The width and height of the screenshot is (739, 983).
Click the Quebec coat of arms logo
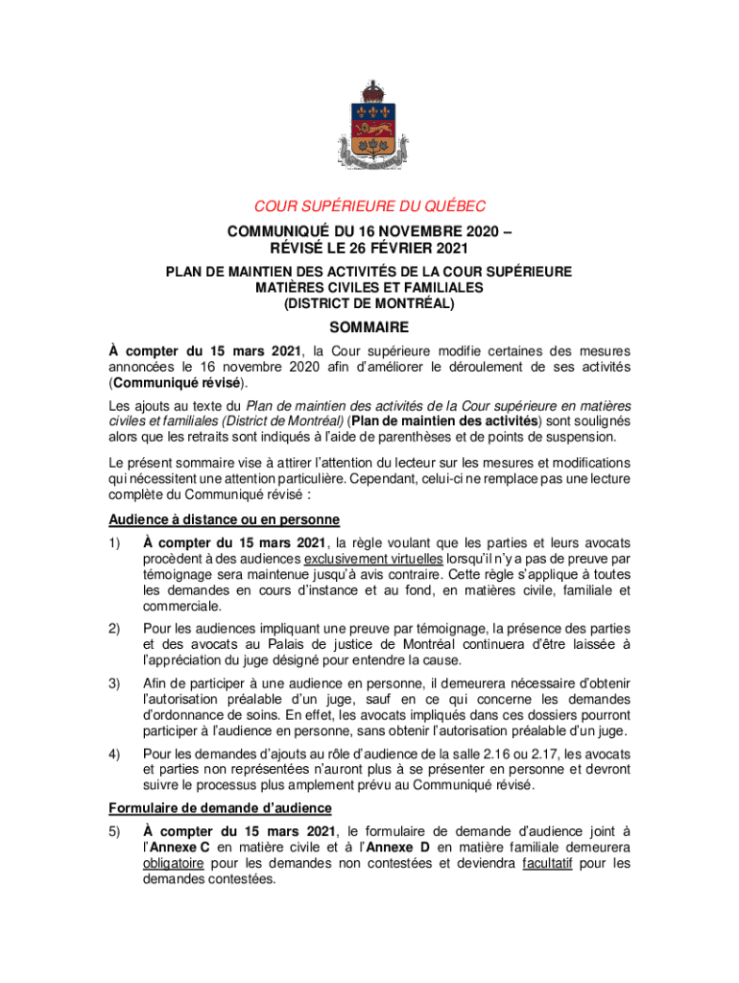coord(369,126)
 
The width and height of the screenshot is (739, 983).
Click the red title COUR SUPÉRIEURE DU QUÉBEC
coord(369,205)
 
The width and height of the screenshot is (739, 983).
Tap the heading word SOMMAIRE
coord(369,327)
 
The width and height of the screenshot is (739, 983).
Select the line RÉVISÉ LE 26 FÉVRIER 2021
coord(369,249)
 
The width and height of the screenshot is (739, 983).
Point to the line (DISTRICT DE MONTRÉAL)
coord(369,303)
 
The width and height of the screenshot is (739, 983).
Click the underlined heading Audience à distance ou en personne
coord(223,520)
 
